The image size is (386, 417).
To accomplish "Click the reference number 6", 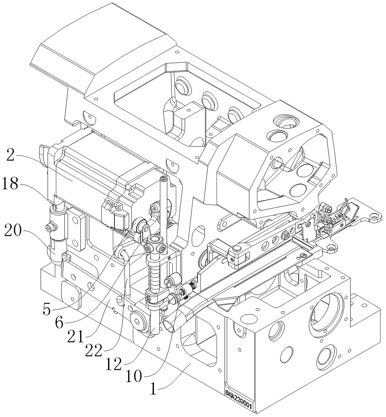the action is (x=59, y=324).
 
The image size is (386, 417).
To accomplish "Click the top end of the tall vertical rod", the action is (x=163, y=179).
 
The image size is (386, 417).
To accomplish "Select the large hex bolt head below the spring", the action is (x=139, y=321).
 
